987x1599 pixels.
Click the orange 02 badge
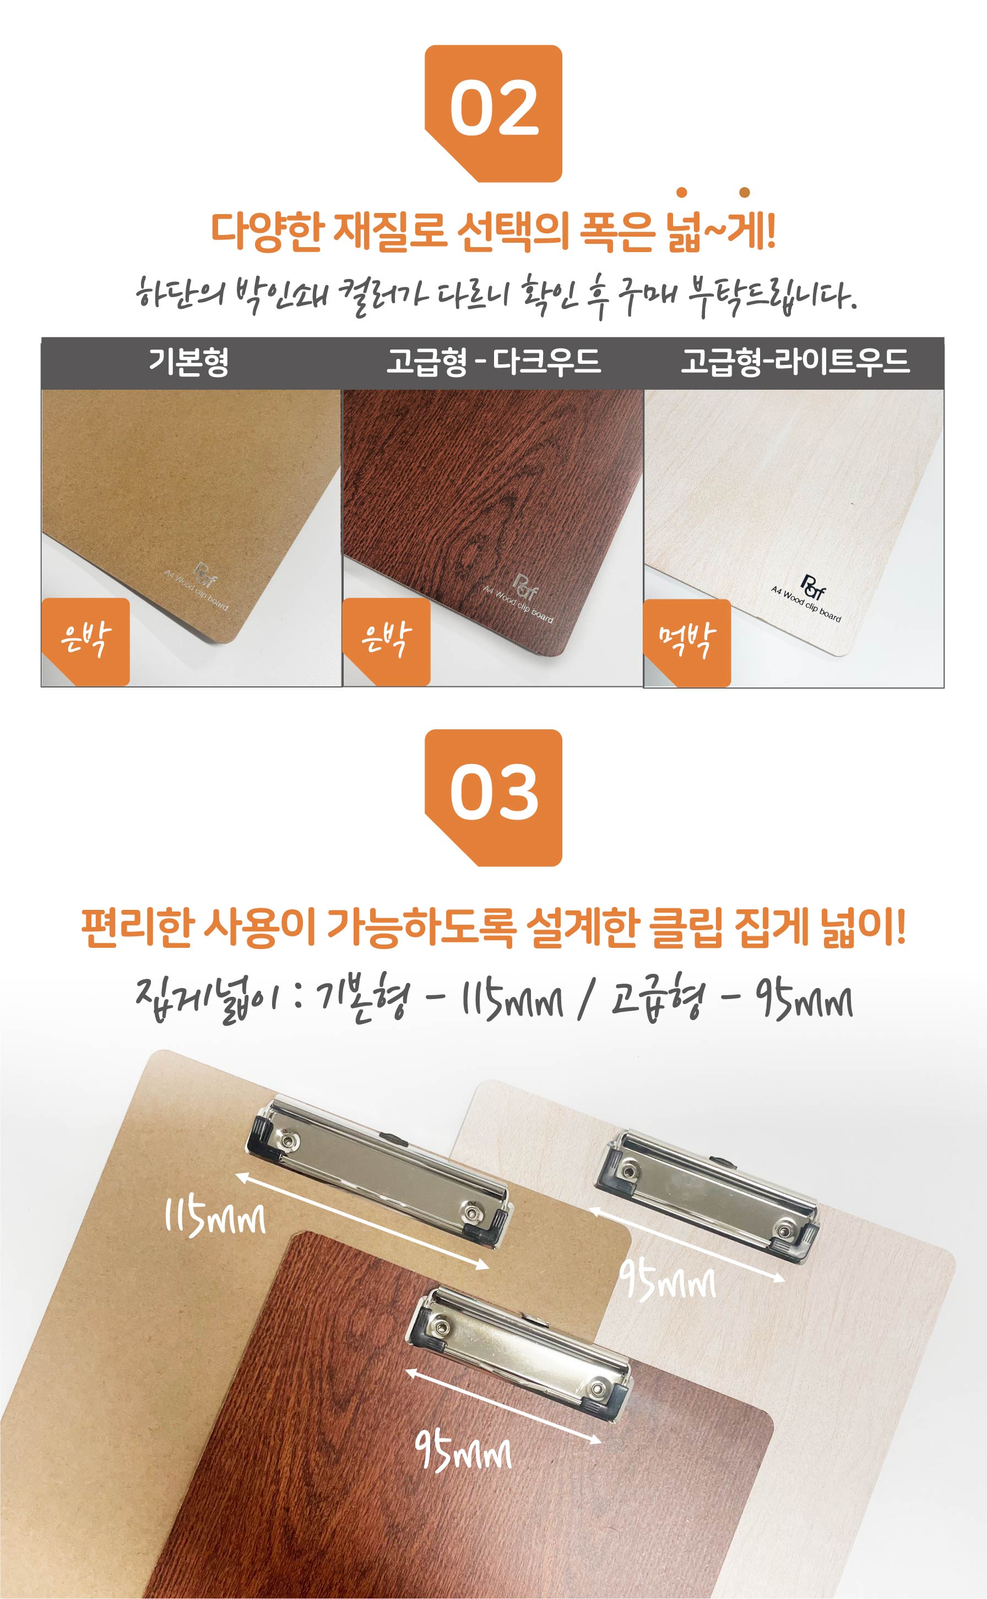pos(493,113)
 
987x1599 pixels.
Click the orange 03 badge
pos(493,797)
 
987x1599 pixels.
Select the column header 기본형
pos(189,362)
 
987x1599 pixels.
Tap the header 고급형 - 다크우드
pos(493,362)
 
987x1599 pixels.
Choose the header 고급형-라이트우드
pos(794,362)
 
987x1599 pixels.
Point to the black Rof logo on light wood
pos(813,585)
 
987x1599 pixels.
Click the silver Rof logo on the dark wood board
pos(525,585)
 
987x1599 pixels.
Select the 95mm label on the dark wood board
pos(463,1451)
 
